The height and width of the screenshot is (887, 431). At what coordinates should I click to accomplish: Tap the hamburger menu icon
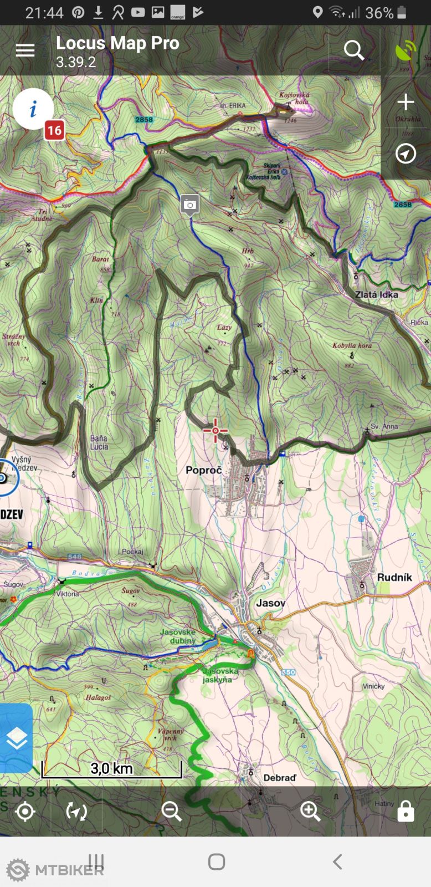pos(25,50)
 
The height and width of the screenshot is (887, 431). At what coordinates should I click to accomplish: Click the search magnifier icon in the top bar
pos(354,50)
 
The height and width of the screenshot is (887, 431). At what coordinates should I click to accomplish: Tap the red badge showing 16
pos(54,131)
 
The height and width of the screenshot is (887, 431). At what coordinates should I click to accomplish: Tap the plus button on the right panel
pos(406,102)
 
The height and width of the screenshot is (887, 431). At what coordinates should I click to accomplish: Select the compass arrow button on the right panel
pos(406,154)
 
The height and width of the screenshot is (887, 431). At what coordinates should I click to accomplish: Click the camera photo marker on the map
pos(190,205)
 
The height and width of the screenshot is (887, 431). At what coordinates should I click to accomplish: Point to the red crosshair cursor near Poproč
pos(215,431)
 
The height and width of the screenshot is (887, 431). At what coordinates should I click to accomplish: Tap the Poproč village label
pos(203,470)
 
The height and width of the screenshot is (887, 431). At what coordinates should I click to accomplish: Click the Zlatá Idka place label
pos(376,294)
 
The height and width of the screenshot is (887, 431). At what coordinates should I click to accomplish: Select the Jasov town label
pos(270,603)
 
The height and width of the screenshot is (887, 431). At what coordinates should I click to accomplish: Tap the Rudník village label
pos(394,577)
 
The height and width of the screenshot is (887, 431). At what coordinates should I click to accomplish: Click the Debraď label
pos(279,778)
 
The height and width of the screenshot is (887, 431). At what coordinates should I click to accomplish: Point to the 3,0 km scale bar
pos(112,769)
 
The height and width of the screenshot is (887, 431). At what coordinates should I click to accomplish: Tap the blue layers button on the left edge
pos(17,738)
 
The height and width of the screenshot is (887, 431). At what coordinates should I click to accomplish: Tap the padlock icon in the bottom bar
pos(406,812)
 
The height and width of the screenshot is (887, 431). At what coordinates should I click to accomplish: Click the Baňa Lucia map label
pos(99,442)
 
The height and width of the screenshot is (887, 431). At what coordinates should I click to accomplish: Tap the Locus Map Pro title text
pos(117,43)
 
